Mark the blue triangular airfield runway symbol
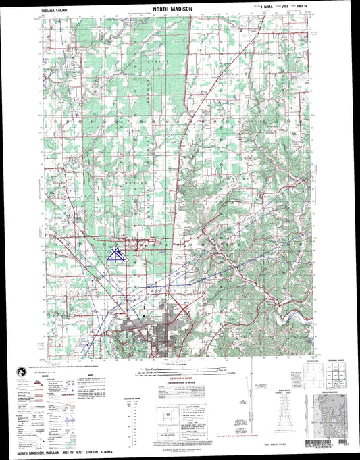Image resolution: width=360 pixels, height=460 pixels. pyautogui.click(x=117, y=253)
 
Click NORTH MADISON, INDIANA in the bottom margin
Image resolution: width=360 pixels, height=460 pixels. pyautogui.click(x=41, y=453)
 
